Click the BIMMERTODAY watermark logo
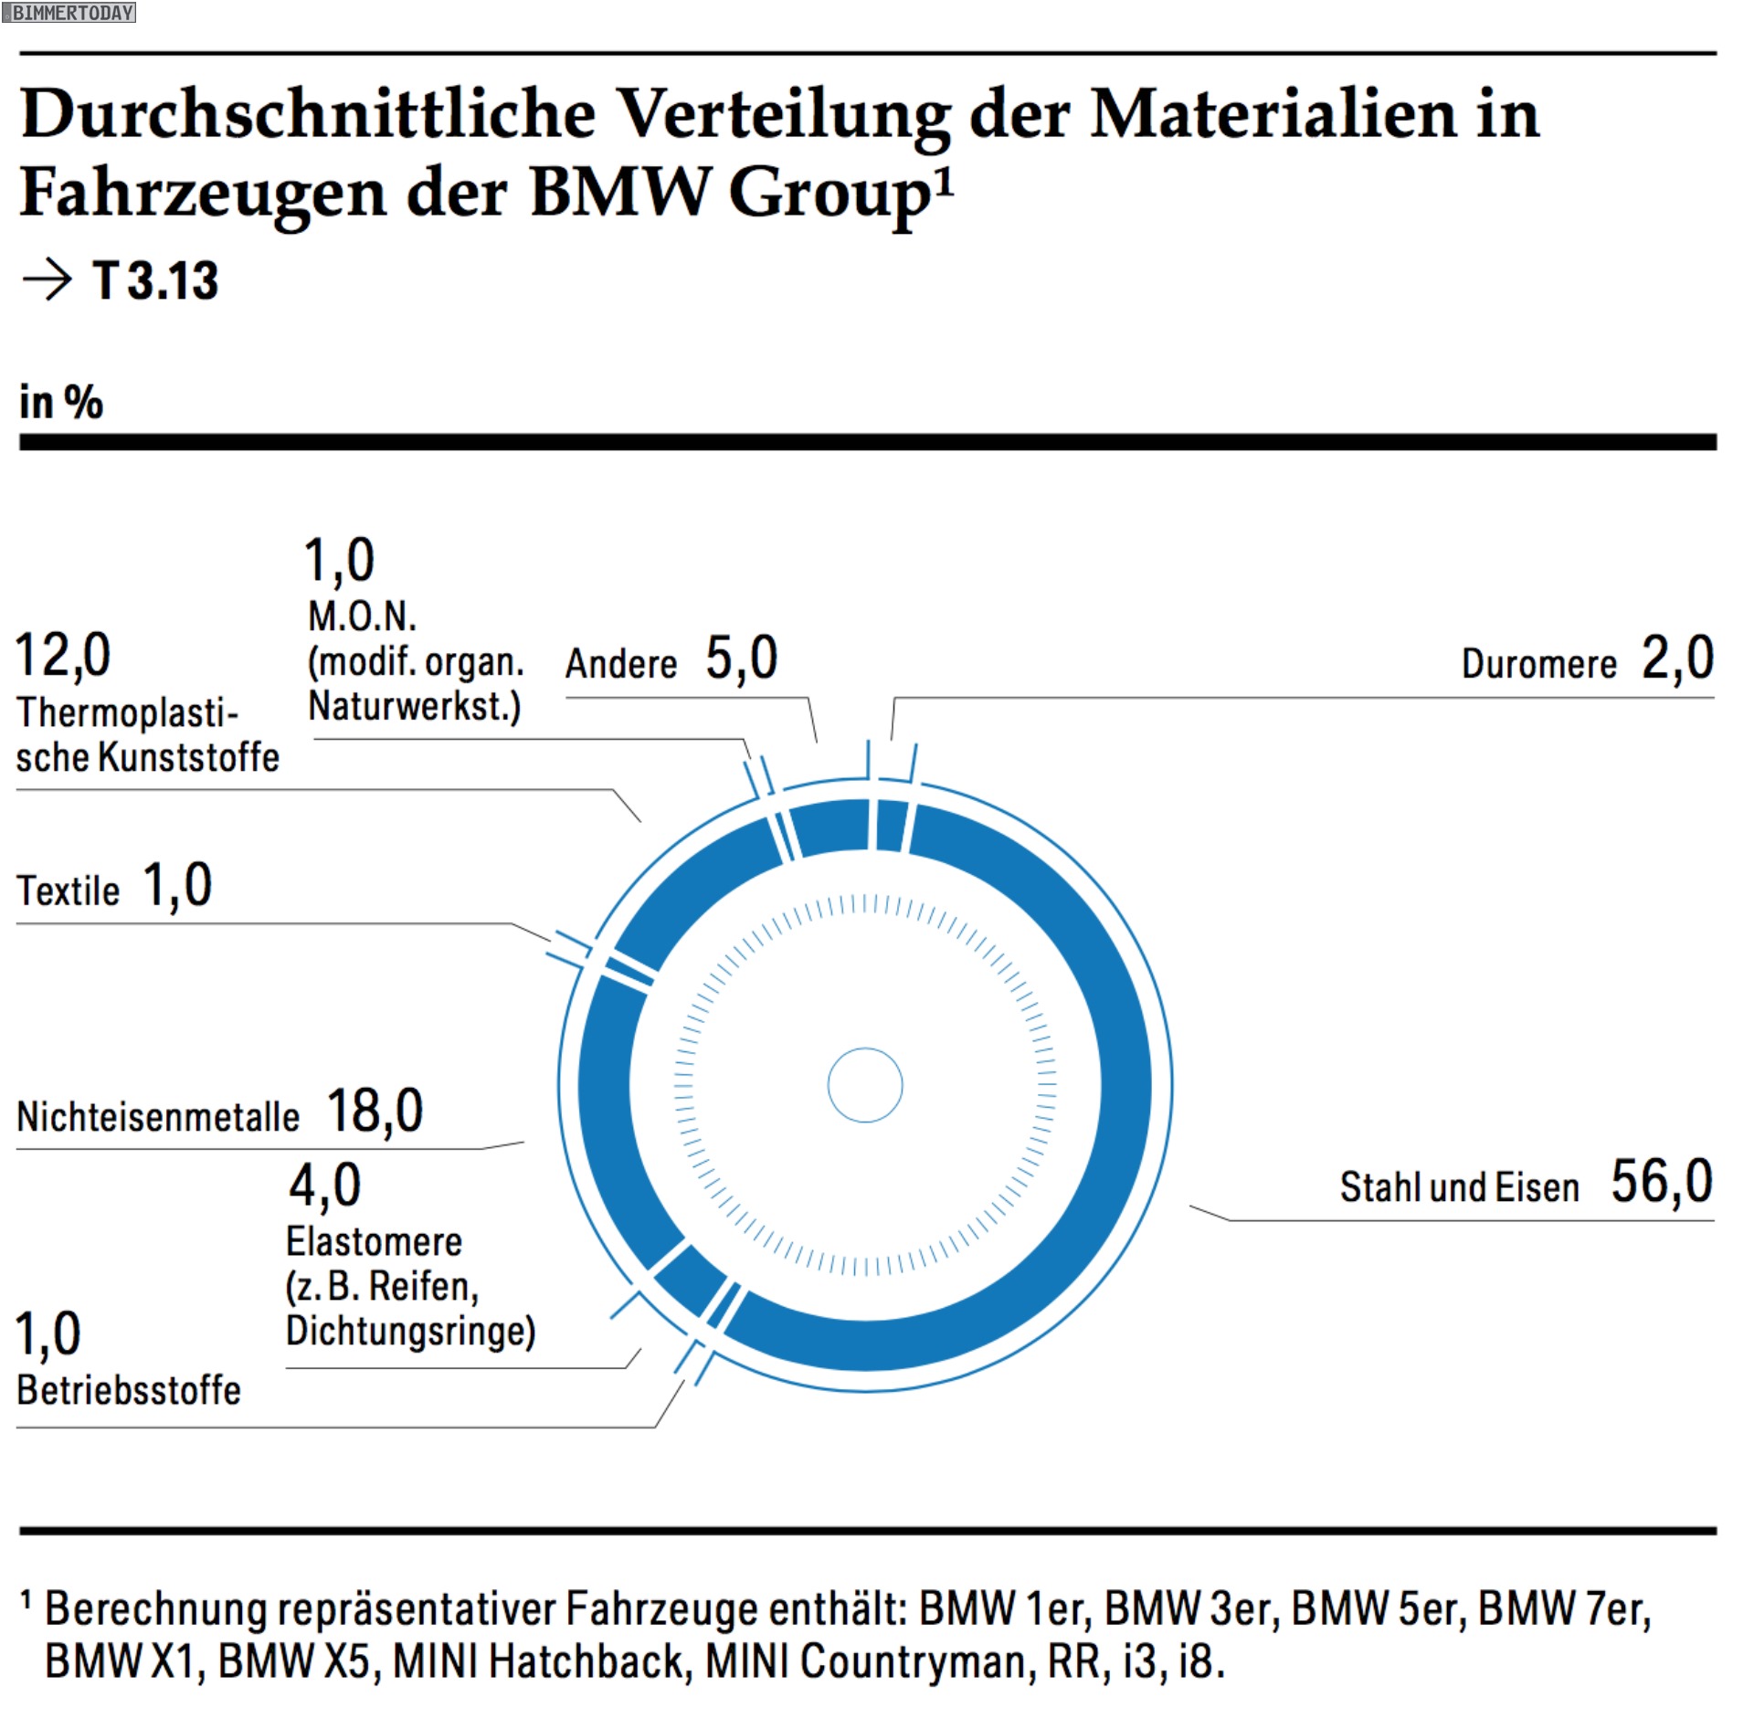[69, 12]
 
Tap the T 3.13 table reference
[155, 280]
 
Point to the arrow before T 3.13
[47, 279]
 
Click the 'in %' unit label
[61, 402]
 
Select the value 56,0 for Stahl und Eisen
[1661, 1181]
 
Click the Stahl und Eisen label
[1459, 1187]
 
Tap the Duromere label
[1538, 664]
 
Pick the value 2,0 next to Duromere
[1677, 658]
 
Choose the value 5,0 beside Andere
[741, 658]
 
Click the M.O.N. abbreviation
[362, 617]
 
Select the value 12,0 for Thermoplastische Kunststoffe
[63, 655]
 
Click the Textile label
[69, 891]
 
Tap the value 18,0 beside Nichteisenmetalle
[375, 1111]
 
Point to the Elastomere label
[374, 1242]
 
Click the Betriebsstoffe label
[129, 1390]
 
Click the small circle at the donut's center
[865, 1084]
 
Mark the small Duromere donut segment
[891, 825]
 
